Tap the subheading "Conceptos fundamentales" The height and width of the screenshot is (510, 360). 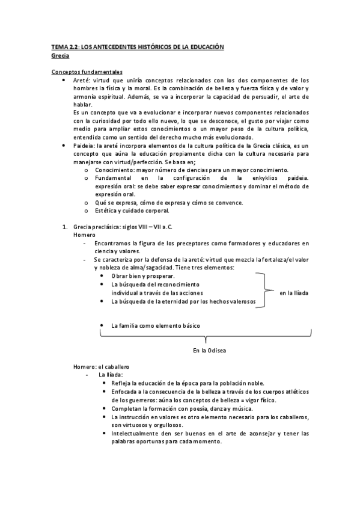click(x=87, y=72)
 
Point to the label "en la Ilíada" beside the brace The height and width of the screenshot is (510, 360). click(x=294, y=292)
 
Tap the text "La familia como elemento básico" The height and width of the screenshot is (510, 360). click(x=156, y=325)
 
